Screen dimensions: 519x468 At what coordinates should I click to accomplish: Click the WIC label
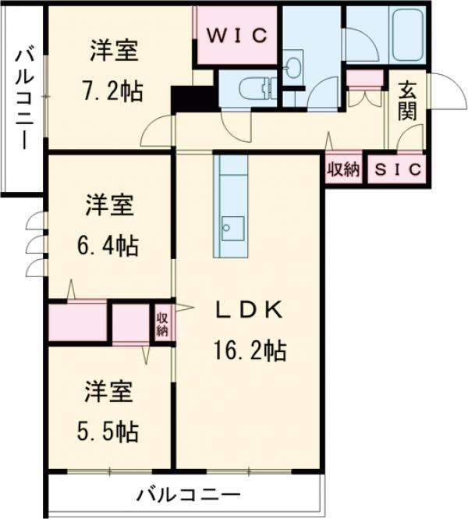click(237, 36)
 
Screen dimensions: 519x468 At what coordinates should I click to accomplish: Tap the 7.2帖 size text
click(114, 91)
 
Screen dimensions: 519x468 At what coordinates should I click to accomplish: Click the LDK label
click(248, 311)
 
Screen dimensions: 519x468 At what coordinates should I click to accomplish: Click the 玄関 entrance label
click(407, 102)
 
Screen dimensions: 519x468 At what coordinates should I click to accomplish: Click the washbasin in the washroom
click(294, 66)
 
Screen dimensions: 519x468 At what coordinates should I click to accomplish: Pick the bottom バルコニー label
click(188, 494)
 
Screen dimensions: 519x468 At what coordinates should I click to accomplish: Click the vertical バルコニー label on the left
click(24, 99)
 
